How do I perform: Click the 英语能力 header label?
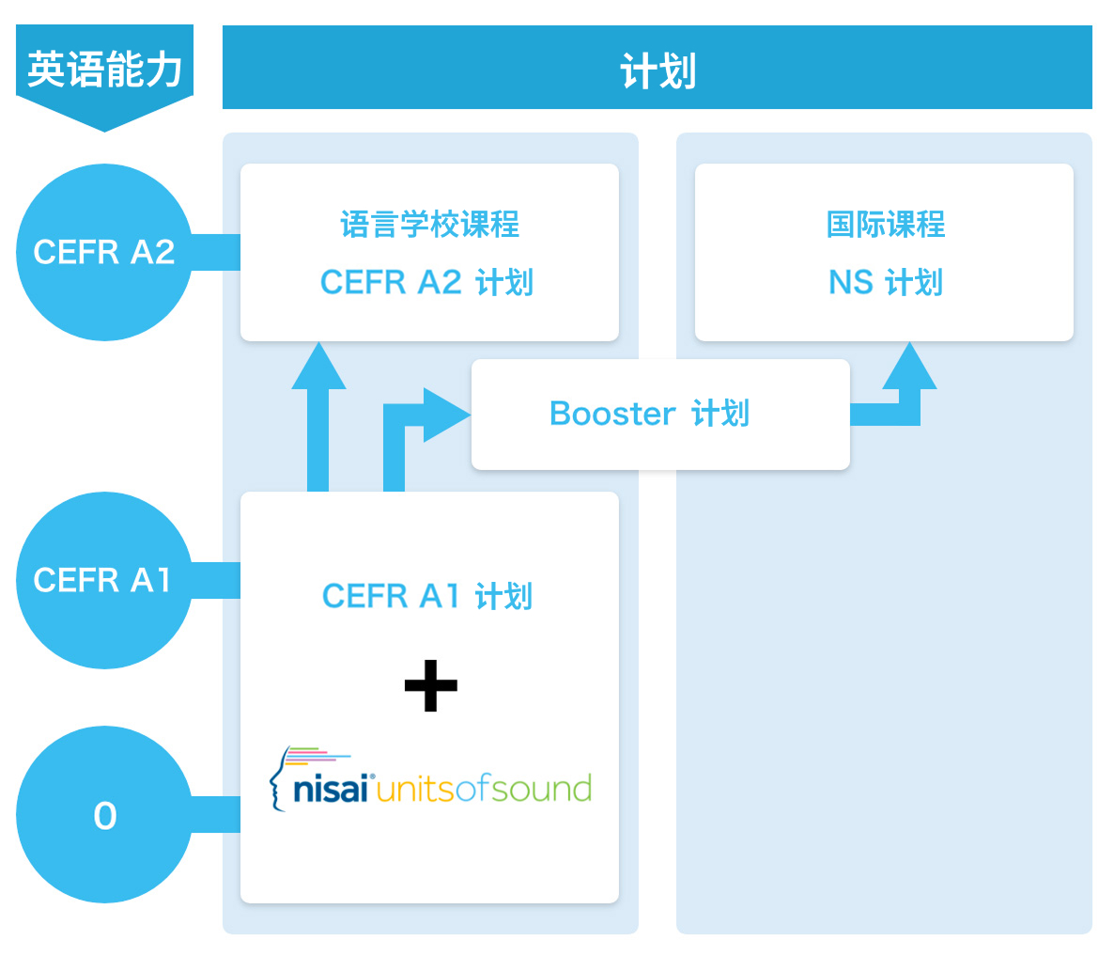coord(104,69)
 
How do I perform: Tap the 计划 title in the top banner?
coord(658,71)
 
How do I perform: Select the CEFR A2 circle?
coord(104,252)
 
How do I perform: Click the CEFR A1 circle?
coord(104,580)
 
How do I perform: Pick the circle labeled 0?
coord(104,815)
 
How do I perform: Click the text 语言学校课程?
coord(429,225)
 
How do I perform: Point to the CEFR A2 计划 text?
coord(427,282)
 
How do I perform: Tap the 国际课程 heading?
coord(885,225)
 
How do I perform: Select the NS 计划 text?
coord(885,282)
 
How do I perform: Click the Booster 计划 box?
coord(660,414)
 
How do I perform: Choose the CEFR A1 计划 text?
coord(427,596)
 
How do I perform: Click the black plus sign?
coord(430,685)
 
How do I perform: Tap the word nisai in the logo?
coord(331,790)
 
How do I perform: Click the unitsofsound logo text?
coord(484,790)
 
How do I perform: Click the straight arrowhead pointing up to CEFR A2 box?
coord(318,368)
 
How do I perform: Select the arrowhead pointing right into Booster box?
coord(445,415)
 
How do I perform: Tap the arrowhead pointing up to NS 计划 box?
coord(909,368)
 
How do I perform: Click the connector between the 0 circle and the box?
coord(216,814)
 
